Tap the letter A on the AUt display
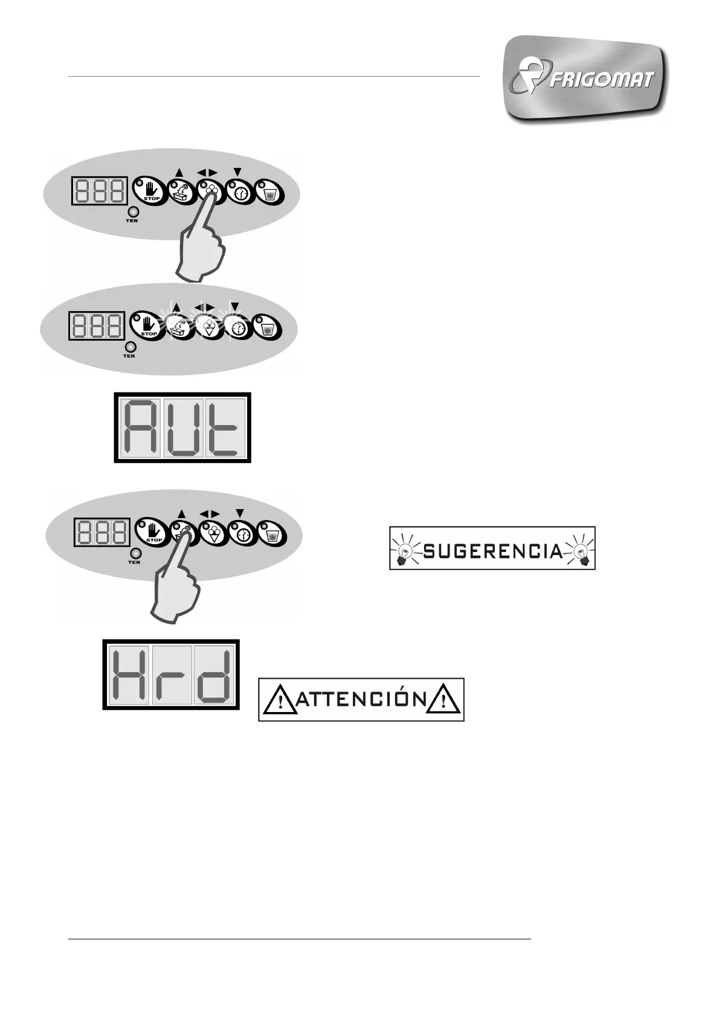click(x=141, y=428)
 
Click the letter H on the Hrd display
click(x=130, y=675)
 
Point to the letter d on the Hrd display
click(x=214, y=675)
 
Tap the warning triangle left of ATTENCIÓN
click(x=279, y=701)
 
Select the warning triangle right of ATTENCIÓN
click(x=444, y=701)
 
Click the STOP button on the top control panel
click(x=148, y=191)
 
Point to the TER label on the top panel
click(x=132, y=220)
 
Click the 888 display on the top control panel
click(x=100, y=191)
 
